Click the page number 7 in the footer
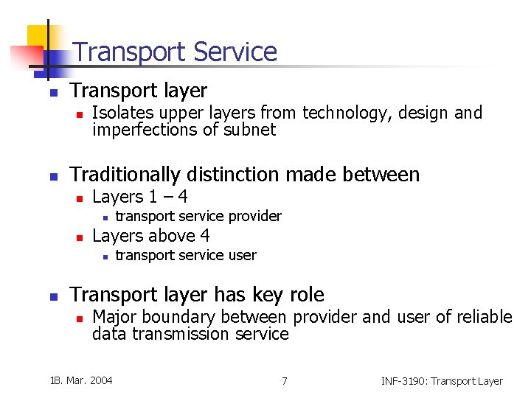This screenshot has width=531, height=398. (x=284, y=380)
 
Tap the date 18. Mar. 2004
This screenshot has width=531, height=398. (x=81, y=380)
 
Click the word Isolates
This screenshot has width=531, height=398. (x=118, y=113)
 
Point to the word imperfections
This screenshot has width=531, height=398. (x=142, y=130)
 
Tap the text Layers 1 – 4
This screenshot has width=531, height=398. (x=139, y=197)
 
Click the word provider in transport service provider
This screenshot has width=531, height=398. (x=255, y=216)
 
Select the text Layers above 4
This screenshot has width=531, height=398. (x=150, y=236)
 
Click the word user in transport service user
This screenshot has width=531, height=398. (x=243, y=256)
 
